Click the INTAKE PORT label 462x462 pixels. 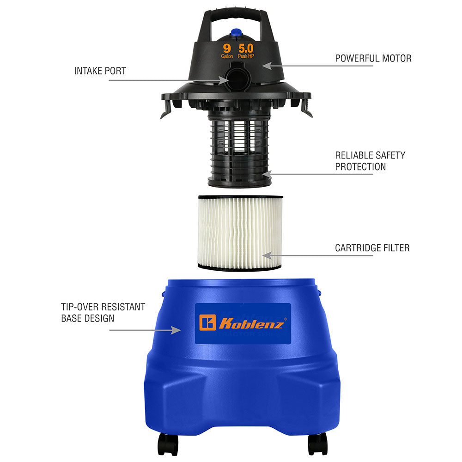click(100, 71)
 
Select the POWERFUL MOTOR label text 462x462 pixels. click(373, 58)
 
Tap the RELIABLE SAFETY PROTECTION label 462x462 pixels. click(370, 161)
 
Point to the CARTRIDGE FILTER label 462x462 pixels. click(372, 248)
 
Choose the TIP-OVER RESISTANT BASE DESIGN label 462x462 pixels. click(103, 313)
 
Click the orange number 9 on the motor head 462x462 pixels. click(226, 49)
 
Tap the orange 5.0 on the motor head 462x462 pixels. click(246, 49)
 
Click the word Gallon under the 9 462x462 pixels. click(227, 56)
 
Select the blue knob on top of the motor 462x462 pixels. click(236, 32)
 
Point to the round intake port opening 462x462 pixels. click(237, 79)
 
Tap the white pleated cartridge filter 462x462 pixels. click(240, 233)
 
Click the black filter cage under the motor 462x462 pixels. click(239, 150)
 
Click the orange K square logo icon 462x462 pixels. click(207, 322)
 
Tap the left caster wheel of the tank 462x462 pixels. click(168, 444)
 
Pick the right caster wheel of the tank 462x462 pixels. click(318, 444)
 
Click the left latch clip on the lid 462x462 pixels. click(166, 109)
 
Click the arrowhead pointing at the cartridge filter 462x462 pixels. click(267, 255)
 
